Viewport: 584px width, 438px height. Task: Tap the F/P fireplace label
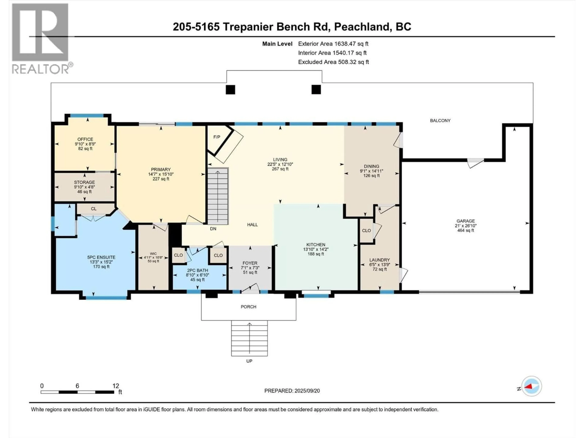[217, 137]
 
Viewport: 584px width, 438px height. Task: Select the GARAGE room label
[466, 221]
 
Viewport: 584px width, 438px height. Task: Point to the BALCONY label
[440, 121]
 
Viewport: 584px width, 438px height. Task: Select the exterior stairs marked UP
[249, 338]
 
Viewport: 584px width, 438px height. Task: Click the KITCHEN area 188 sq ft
[316, 254]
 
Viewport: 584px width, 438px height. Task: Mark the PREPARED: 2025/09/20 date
[292, 391]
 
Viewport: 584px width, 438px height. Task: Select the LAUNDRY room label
[379, 260]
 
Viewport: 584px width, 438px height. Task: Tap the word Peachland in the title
[362, 27]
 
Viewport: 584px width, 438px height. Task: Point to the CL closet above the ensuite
[94, 209]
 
